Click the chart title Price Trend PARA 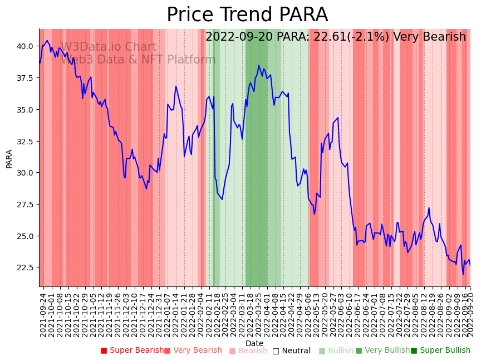247,15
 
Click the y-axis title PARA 9,158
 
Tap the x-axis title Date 254,343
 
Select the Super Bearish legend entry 132,351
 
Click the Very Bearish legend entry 193,351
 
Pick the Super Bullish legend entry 440,351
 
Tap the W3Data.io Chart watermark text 109,47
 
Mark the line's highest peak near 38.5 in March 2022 259,65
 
